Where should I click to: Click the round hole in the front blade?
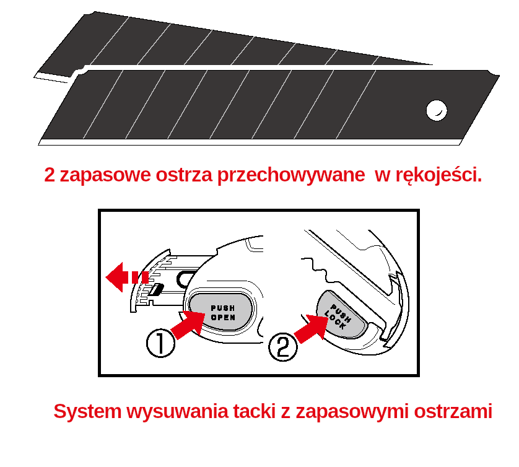tap(437, 110)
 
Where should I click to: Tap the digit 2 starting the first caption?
tap(50, 175)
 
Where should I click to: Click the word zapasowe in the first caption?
tap(105, 175)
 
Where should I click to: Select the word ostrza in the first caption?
tap(184, 175)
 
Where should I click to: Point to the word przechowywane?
tap(291, 175)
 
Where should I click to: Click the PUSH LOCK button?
tap(340, 315)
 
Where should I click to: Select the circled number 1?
tap(160, 343)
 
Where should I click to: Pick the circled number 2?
tap(283, 347)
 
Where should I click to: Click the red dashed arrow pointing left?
tap(127, 277)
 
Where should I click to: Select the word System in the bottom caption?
tap(88, 412)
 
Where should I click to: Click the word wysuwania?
tap(178, 412)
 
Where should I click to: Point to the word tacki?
tap(255, 411)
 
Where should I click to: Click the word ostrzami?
tap(453, 411)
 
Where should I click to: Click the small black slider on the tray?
tap(155, 289)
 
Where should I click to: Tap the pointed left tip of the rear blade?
tap(35, 77)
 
